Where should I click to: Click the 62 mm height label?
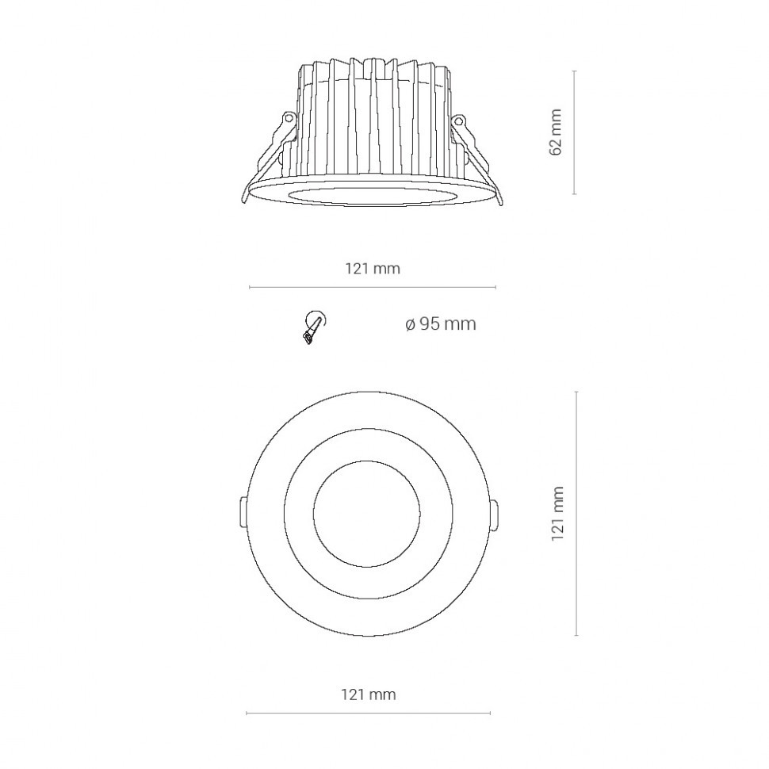point(555,132)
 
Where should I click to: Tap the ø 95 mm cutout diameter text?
point(441,324)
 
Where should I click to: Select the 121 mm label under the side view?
point(373,268)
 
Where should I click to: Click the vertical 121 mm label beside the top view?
point(557,514)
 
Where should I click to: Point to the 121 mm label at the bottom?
point(369,694)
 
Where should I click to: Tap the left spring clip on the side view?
point(269,156)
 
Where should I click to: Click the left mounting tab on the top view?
point(243,512)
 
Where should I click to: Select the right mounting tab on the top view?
point(494,515)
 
